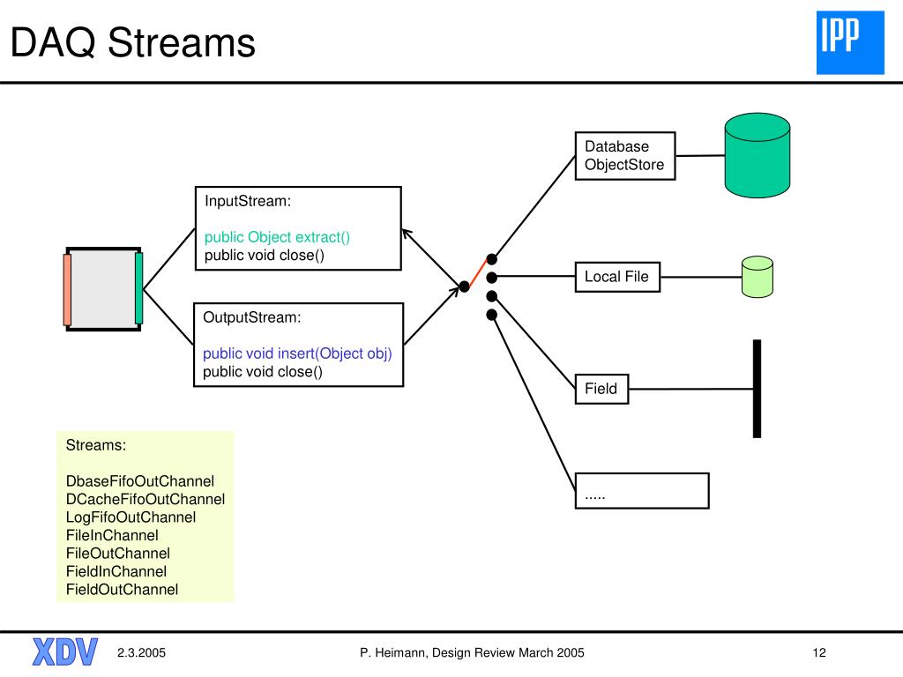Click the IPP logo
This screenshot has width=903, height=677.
click(x=850, y=42)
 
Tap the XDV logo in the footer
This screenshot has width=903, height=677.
click(x=65, y=651)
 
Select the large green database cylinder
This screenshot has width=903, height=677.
click(x=757, y=155)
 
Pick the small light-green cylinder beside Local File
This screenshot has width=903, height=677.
click(x=757, y=277)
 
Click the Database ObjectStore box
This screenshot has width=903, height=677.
click(x=625, y=156)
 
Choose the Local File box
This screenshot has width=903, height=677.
click(x=617, y=277)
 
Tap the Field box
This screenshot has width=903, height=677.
click(x=601, y=389)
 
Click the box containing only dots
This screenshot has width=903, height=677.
click(x=642, y=490)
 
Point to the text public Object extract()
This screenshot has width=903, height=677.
click(x=277, y=237)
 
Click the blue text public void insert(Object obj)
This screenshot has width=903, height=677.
click(x=297, y=353)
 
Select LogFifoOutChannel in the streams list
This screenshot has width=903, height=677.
click(x=131, y=517)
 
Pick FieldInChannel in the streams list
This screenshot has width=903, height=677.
click(x=116, y=571)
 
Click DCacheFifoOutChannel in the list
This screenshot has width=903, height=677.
click(x=146, y=499)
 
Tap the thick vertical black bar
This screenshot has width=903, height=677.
click(x=757, y=389)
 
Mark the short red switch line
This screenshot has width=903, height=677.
click(x=478, y=273)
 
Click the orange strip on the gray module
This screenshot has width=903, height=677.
click(x=67, y=289)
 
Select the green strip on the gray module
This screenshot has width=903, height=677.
click(x=138, y=288)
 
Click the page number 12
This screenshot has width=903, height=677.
click(x=819, y=653)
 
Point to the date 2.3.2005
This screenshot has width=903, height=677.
click(x=141, y=653)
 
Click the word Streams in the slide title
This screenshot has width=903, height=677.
click(x=182, y=42)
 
